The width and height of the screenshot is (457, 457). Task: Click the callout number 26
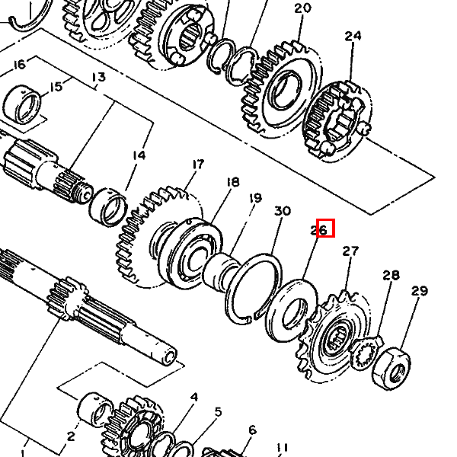tap(325, 228)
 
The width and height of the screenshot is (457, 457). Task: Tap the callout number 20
tap(302, 8)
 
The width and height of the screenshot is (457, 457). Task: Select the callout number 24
tap(353, 36)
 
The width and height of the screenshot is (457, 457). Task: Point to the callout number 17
tap(198, 164)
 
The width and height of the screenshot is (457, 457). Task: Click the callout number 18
tap(232, 182)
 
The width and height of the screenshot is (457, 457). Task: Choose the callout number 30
tap(282, 211)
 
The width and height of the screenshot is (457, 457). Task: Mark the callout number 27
tap(350, 251)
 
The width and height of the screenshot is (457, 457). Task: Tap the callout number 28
tap(391, 275)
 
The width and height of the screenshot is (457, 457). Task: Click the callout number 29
tap(420, 290)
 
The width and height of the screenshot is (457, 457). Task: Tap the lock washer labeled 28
tap(367, 354)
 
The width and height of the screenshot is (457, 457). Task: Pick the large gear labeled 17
tap(152, 236)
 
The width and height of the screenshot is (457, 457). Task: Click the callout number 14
tap(138, 155)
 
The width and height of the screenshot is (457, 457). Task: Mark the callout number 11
tap(283, 448)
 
